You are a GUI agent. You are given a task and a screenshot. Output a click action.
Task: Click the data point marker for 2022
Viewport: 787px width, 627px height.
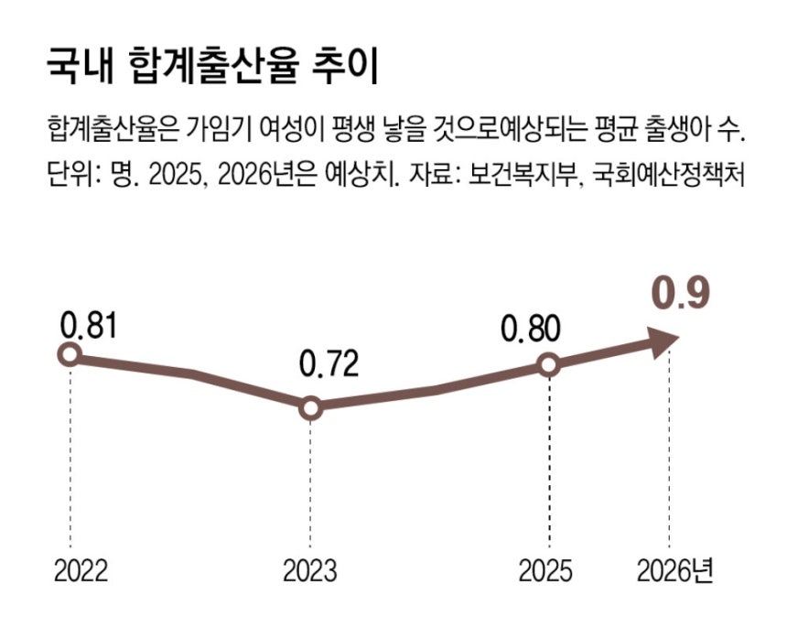tap(69, 355)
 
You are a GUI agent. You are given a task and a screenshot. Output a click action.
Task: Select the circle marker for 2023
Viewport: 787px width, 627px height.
tap(310, 408)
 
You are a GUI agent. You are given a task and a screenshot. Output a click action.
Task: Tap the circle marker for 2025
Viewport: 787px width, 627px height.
tap(547, 365)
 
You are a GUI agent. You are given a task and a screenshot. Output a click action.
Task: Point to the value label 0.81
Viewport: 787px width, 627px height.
tap(91, 324)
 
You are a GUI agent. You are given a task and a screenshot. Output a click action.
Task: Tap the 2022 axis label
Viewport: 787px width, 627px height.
tap(81, 572)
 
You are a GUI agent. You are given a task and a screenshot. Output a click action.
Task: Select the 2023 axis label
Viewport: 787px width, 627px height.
tap(309, 572)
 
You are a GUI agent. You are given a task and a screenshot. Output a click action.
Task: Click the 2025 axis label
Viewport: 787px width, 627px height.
tap(546, 572)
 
